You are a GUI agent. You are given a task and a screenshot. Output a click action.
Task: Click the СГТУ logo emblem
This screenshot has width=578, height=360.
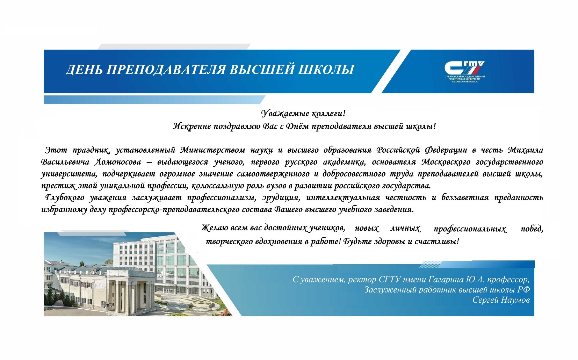(464, 67)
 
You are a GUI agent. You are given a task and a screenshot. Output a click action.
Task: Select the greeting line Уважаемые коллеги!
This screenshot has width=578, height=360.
(303, 113)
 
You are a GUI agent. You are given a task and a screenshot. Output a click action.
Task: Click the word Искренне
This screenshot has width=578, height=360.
(191, 126)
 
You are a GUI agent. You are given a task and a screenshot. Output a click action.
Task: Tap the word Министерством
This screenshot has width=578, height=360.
(212, 150)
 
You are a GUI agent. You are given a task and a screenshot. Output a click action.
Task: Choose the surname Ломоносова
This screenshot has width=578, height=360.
(118, 162)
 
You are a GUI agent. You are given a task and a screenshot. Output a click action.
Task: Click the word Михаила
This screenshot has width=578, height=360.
(525, 150)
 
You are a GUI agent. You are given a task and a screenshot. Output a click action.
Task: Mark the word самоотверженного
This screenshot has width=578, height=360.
(273, 174)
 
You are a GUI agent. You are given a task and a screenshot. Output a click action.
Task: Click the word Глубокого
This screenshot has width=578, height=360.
(65, 198)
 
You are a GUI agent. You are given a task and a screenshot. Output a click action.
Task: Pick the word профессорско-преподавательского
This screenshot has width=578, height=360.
(174, 210)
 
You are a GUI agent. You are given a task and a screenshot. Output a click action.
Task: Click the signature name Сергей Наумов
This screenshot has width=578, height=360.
(501, 300)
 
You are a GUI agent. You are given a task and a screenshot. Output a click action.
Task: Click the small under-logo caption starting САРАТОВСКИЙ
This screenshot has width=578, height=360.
(464, 79)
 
